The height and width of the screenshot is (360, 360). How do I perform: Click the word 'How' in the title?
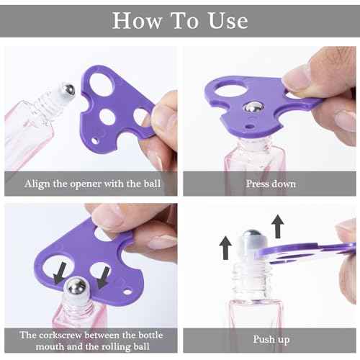click(137, 21)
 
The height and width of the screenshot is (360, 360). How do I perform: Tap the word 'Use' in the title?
click(228, 21)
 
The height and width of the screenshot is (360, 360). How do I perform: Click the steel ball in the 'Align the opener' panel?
click(68, 90)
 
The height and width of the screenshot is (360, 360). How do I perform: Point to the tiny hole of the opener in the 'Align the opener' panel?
click(95, 140)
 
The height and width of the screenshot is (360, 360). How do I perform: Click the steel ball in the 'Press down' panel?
click(253, 107)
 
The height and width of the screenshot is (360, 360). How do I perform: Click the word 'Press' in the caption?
click(258, 184)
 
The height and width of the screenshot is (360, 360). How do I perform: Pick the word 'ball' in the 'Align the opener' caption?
click(152, 184)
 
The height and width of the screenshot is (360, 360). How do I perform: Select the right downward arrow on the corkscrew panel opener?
click(103, 277)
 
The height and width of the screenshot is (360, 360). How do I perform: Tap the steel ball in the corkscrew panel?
click(76, 287)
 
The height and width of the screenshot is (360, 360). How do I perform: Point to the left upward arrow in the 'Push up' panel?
click(225, 248)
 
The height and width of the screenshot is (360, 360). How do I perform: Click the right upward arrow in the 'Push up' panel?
click(278, 226)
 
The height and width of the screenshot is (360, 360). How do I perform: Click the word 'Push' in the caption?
click(264, 339)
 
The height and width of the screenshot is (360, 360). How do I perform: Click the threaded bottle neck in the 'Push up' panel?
click(252, 279)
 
